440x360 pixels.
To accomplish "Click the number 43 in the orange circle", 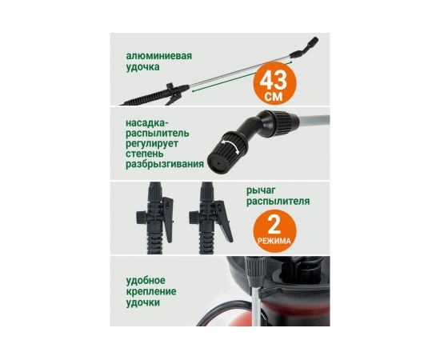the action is pos(274,81).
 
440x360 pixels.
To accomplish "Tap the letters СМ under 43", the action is pos(274,97).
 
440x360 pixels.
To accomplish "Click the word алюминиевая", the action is pos(159,55).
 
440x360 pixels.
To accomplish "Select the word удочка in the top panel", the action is pos(142,67).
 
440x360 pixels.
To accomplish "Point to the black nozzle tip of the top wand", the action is pos(312,42).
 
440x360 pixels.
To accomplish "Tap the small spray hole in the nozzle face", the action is pos(217,162).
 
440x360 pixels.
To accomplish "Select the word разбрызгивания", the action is pos(165,164).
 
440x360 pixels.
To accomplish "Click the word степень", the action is pos(145,154).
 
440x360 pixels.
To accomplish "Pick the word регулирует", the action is pos(152,143).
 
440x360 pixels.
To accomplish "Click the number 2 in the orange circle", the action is pos(274,225).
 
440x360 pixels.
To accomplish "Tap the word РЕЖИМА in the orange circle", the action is pos(274,241).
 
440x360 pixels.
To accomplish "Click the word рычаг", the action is pos(258,191).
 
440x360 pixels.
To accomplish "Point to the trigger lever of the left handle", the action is pos(167,219).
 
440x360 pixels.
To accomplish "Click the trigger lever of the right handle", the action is pos(224,221).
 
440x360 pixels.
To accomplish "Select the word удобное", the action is pos(146,280).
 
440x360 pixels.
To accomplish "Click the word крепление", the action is pos(151,291).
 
